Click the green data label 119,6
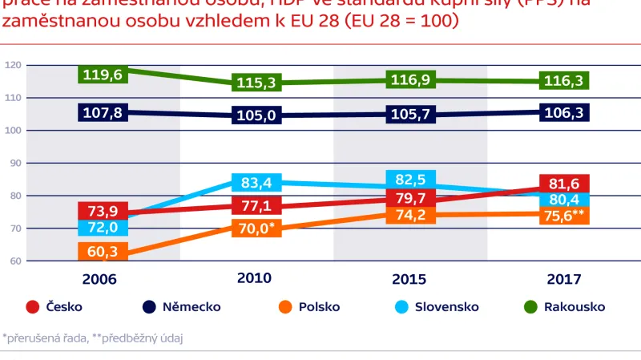click(103, 75)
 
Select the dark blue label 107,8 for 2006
click(103, 113)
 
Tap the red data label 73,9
click(103, 211)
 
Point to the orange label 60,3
click(103, 253)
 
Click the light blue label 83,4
click(256, 183)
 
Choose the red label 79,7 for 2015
click(410, 197)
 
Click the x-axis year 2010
click(254, 278)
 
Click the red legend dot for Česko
click(33, 307)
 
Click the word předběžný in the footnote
click(125, 338)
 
